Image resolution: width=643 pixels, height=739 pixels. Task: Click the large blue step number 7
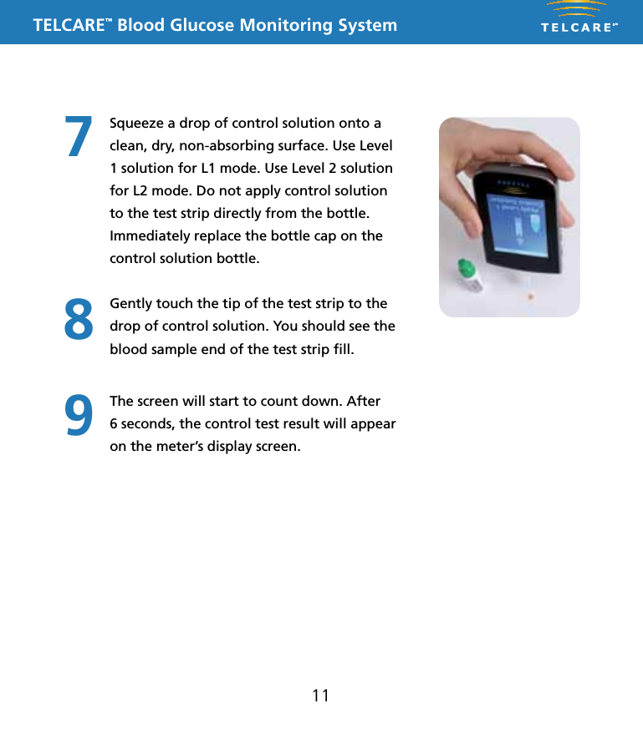click(79, 136)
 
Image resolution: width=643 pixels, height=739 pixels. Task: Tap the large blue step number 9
click(79, 415)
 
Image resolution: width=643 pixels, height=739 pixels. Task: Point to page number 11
click(320, 696)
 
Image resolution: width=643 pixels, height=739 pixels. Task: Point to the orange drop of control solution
click(530, 296)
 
